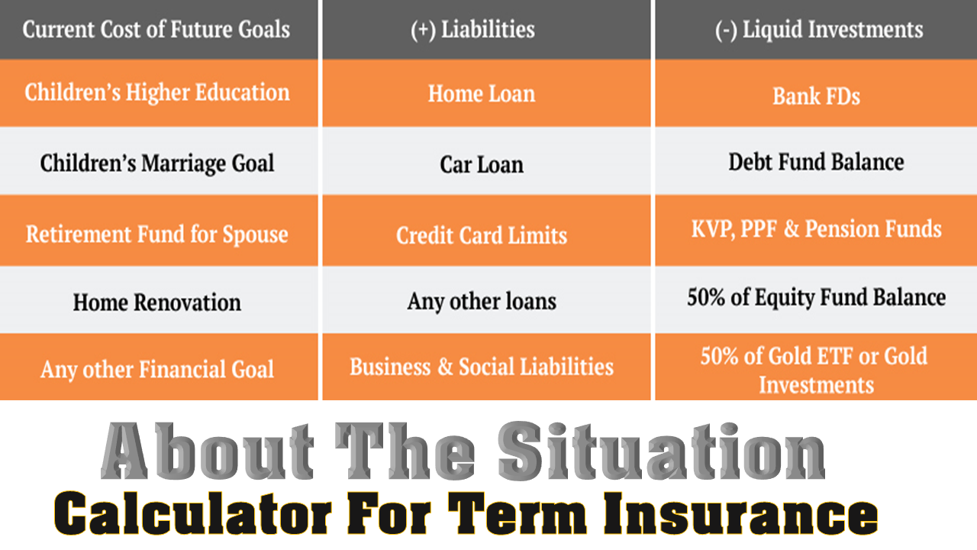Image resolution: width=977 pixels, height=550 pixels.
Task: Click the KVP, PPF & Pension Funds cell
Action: [x=817, y=229]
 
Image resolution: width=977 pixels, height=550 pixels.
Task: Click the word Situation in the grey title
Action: [x=661, y=451]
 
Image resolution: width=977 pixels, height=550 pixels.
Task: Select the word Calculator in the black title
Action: [x=192, y=513]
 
